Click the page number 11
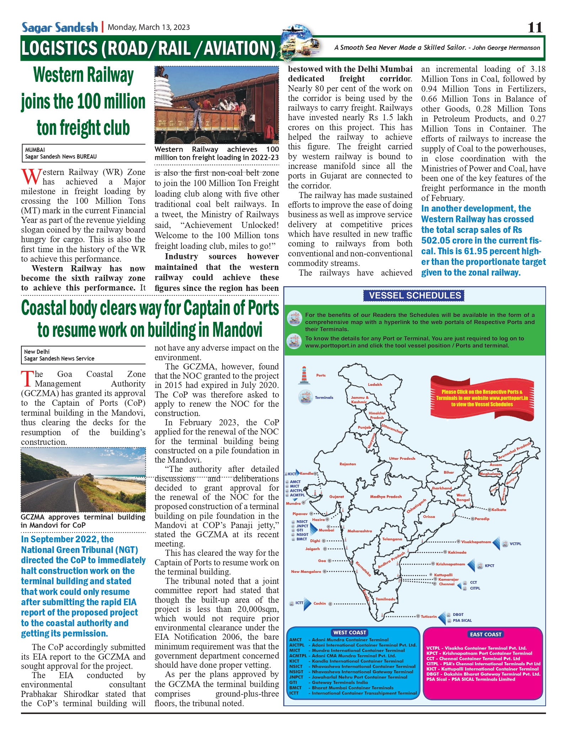535,27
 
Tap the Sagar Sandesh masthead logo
59,27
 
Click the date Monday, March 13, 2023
149,27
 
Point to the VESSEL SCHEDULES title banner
414,295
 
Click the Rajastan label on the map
348,464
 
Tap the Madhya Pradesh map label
386,497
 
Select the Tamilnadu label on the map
386,599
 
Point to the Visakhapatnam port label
476,542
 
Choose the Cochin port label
320,603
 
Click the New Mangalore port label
306,572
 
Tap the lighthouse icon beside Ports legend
304,376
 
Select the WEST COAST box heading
349,633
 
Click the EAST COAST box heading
486,634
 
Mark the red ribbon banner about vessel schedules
482,398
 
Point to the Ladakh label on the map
375,384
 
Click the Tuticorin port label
429,617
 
